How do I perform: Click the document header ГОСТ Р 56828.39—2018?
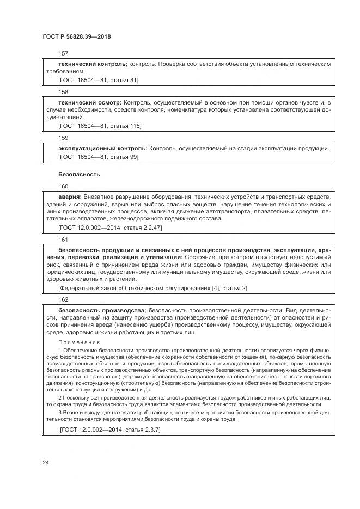click(77, 36)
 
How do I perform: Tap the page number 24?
click(45, 462)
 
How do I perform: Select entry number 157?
click(63, 54)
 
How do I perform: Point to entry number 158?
click(63, 92)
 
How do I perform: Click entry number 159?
click(63, 138)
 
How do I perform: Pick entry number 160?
click(63, 186)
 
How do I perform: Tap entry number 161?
click(63, 239)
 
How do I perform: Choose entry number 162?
click(63, 299)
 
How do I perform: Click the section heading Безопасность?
click(78, 174)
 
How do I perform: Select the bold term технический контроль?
click(93, 64)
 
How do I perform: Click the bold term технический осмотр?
click(90, 102)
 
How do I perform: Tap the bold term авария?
click(70, 196)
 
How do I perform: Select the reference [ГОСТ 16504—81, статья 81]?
click(98, 80)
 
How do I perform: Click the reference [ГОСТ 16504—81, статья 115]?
click(100, 126)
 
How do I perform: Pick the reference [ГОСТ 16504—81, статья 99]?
click(98, 157)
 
